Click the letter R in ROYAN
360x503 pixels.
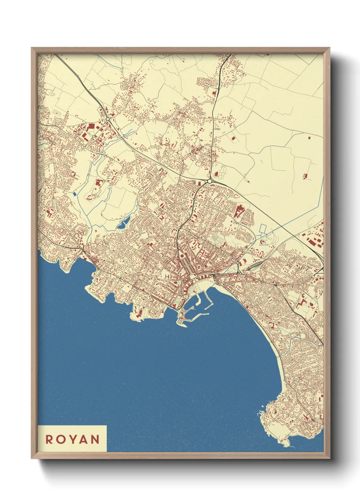[x=49, y=439]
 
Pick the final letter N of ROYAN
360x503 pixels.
[x=96, y=439]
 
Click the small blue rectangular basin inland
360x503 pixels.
[x=75, y=194]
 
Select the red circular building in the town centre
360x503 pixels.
[x=182, y=256]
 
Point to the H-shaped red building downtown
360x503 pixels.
[x=167, y=277]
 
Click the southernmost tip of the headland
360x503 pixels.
[x=288, y=446]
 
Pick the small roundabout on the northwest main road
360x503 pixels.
[x=108, y=119]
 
